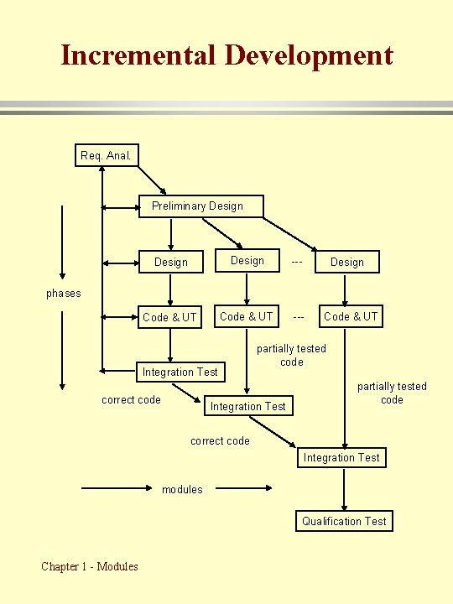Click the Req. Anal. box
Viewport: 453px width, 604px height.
(107, 155)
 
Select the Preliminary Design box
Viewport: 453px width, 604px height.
(200, 206)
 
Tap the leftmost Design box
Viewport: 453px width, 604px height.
(171, 263)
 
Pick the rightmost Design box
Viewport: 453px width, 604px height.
(346, 263)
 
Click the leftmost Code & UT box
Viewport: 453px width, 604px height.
(170, 317)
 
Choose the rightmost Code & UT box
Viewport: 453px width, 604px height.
(351, 316)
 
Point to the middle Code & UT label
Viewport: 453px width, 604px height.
(246, 316)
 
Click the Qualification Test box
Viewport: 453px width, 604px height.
(344, 521)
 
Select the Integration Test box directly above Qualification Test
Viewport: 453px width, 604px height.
(341, 457)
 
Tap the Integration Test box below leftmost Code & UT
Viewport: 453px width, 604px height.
(180, 372)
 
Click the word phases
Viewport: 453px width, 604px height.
(64, 293)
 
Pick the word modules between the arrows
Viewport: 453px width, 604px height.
(182, 489)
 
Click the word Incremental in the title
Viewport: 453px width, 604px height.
(138, 55)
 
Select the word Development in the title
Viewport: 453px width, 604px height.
(308, 55)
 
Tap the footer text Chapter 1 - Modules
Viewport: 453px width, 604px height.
(90, 566)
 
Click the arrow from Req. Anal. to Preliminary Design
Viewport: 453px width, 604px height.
(153, 179)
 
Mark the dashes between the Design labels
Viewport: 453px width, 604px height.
(297, 262)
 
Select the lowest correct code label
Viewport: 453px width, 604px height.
(220, 440)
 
